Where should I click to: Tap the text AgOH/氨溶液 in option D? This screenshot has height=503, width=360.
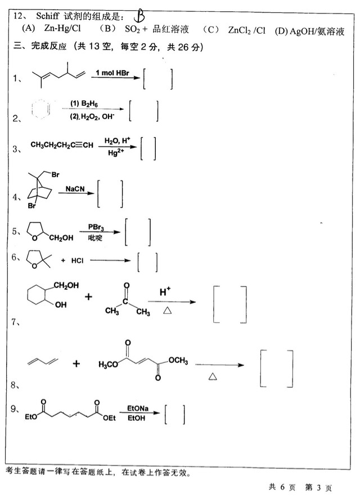316,31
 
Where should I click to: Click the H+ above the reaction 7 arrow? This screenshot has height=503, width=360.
165,291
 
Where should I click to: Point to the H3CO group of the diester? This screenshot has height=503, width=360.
109,364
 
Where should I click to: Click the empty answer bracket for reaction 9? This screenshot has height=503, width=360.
174,415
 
